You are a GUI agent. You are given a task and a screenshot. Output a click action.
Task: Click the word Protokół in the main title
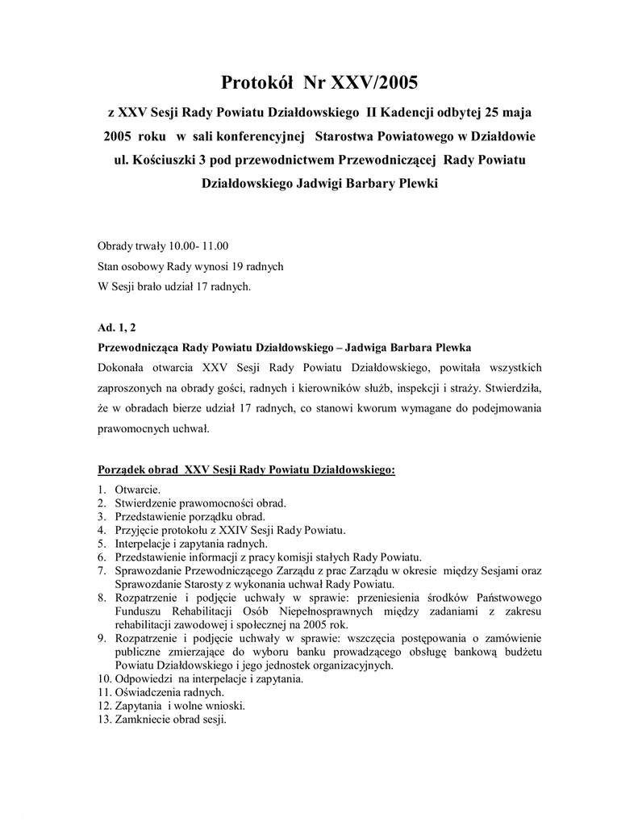pyautogui.click(x=256, y=82)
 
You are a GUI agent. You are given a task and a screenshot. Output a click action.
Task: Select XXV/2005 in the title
pyautogui.click(x=376, y=82)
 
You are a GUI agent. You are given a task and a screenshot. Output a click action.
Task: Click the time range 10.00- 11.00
pyautogui.click(x=198, y=246)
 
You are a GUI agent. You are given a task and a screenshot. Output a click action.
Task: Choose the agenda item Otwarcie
pyautogui.click(x=137, y=490)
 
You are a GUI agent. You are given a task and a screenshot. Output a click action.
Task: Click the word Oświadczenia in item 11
pyautogui.click(x=146, y=692)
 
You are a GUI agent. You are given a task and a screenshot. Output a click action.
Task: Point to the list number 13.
pyautogui.click(x=102, y=719)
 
